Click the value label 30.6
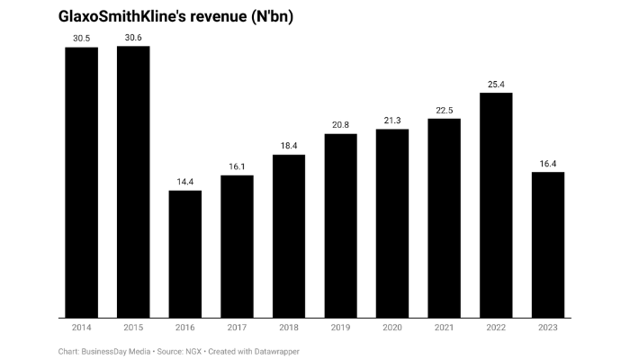[x=133, y=37]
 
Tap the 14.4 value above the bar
[x=185, y=182]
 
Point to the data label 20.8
[x=341, y=125]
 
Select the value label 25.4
[x=496, y=84]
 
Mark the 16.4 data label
[x=548, y=164]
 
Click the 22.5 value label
[x=445, y=110]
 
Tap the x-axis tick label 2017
[x=237, y=328]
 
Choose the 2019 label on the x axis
[x=341, y=328]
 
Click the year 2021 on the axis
[x=445, y=328]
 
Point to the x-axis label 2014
[x=82, y=328]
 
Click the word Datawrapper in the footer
[x=272, y=350]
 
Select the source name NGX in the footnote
[x=193, y=350]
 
